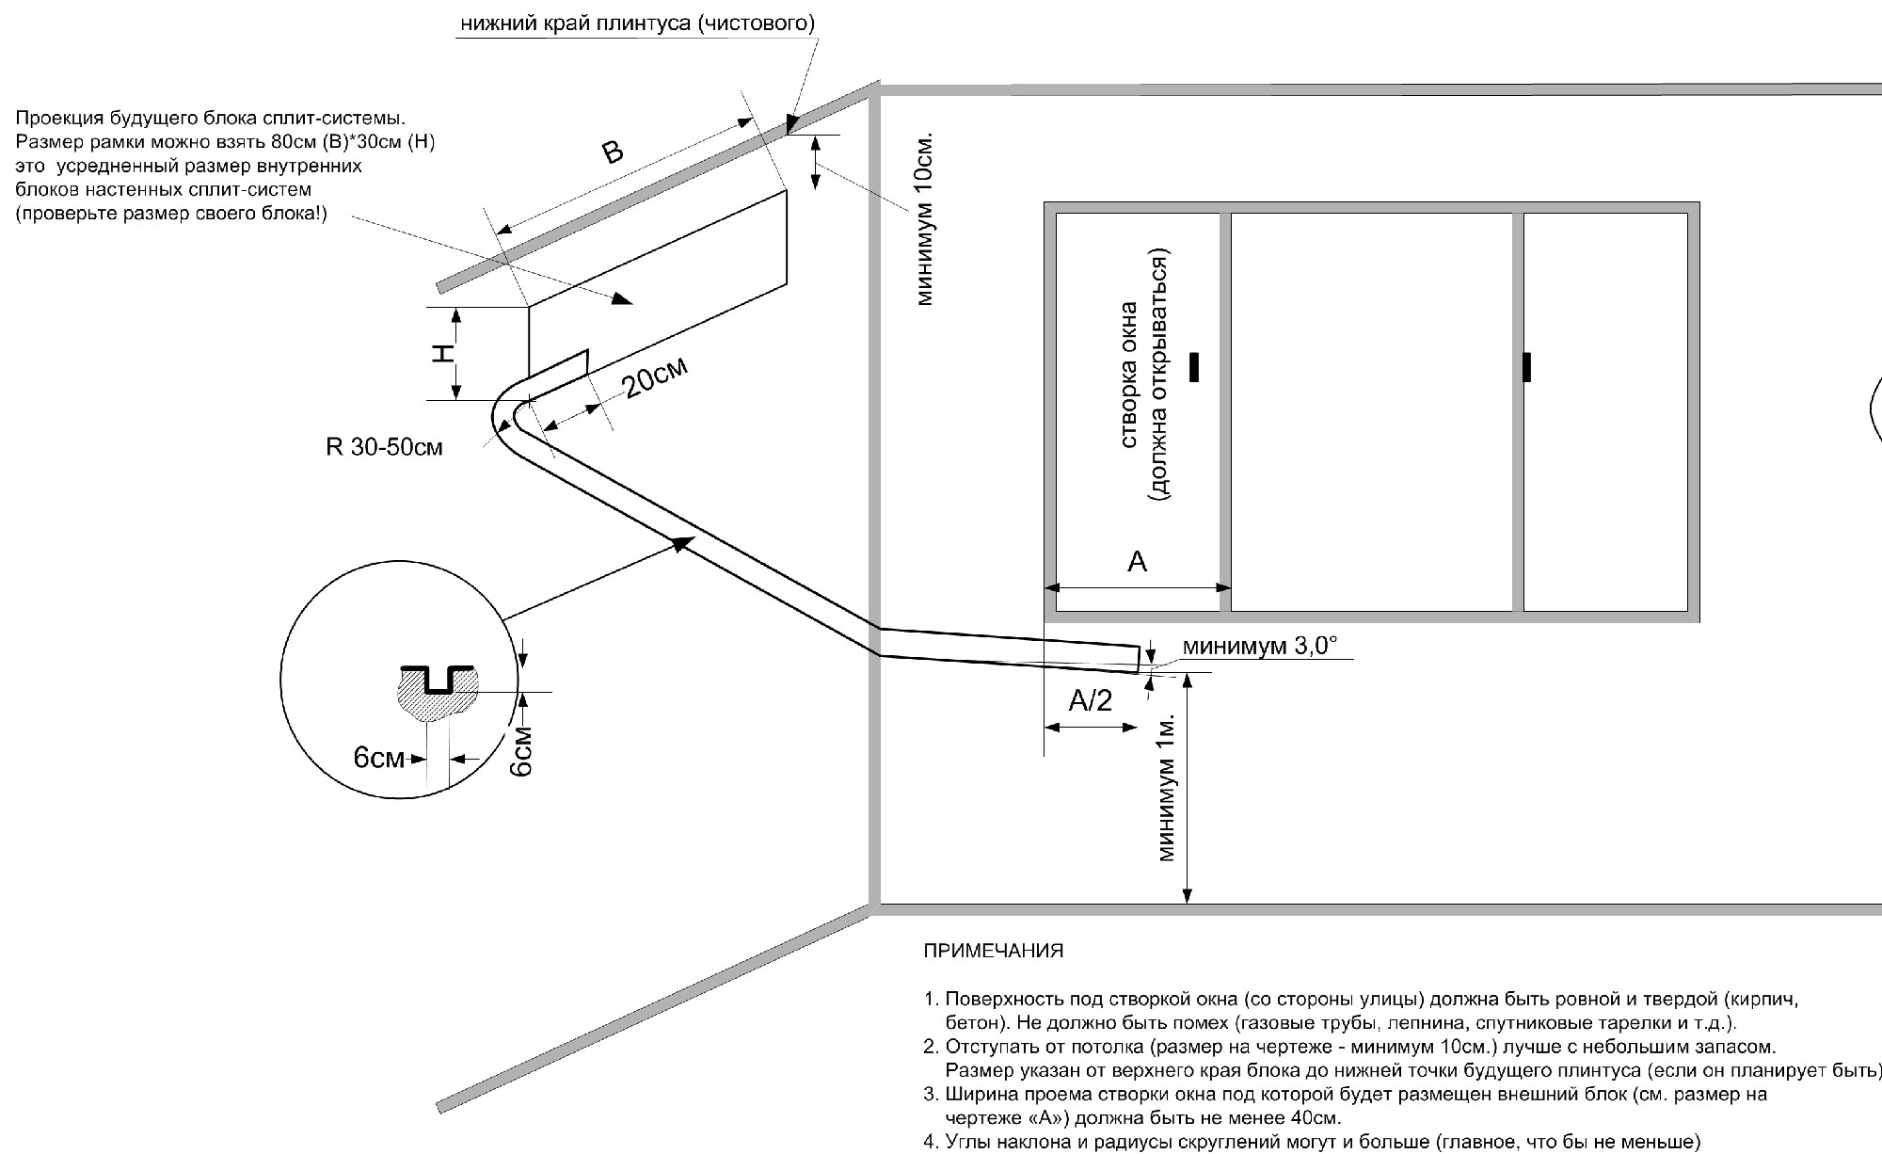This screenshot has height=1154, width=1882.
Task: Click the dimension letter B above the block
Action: [x=613, y=152]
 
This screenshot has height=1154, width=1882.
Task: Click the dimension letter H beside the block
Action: [x=442, y=353]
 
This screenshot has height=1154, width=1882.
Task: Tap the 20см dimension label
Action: [x=656, y=377]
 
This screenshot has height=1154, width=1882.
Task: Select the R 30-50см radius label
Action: [x=384, y=447]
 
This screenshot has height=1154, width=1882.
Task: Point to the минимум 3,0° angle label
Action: [x=1259, y=646]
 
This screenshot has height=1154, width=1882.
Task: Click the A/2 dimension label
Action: [x=1091, y=700]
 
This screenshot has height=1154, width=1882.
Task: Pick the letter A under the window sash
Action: [x=1137, y=562]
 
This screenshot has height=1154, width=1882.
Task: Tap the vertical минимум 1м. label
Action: [x=1167, y=787]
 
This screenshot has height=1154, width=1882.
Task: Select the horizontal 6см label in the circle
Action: [x=378, y=758]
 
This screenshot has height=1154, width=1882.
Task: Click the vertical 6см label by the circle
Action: [x=522, y=751]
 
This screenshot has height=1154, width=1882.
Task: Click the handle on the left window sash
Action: [x=1194, y=367]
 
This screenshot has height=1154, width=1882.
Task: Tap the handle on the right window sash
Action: [x=1526, y=367]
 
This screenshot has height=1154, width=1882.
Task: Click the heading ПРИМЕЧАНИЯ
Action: [x=993, y=951]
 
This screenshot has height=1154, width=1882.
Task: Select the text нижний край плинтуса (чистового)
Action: [x=637, y=24]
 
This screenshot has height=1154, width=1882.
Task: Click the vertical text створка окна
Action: [x=1132, y=375]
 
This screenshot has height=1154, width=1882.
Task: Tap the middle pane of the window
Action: [x=1371, y=412]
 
